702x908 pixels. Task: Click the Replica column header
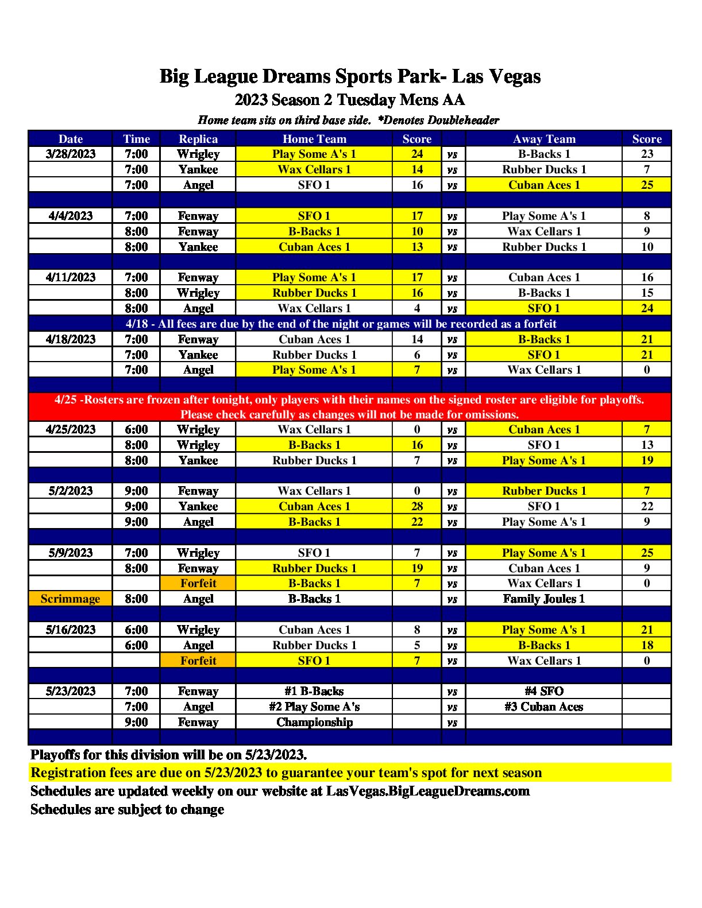click(198, 139)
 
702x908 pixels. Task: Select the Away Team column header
click(543, 139)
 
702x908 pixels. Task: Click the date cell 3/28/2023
click(71, 154)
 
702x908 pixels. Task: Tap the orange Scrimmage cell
click(70, 599)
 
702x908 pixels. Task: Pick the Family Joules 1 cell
click(543, 599)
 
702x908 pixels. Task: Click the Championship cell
click(314, 722)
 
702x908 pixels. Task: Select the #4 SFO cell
click(543, 691)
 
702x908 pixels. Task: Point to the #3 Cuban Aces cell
click(543, 707)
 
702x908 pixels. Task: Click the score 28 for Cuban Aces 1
click(417, 506)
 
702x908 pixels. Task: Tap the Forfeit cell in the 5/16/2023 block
click(198, 661)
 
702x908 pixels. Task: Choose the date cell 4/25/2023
click(71, 429)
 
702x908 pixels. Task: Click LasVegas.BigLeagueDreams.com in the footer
click(427, 791)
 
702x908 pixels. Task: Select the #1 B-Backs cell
click(314, 691)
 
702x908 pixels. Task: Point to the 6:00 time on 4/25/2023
click(136, 429)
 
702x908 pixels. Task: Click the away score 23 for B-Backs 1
click(647, 154)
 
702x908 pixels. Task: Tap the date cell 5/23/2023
click(71, 691)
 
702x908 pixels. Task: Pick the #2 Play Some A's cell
click(314, 707)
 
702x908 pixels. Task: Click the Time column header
click(136, 139)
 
